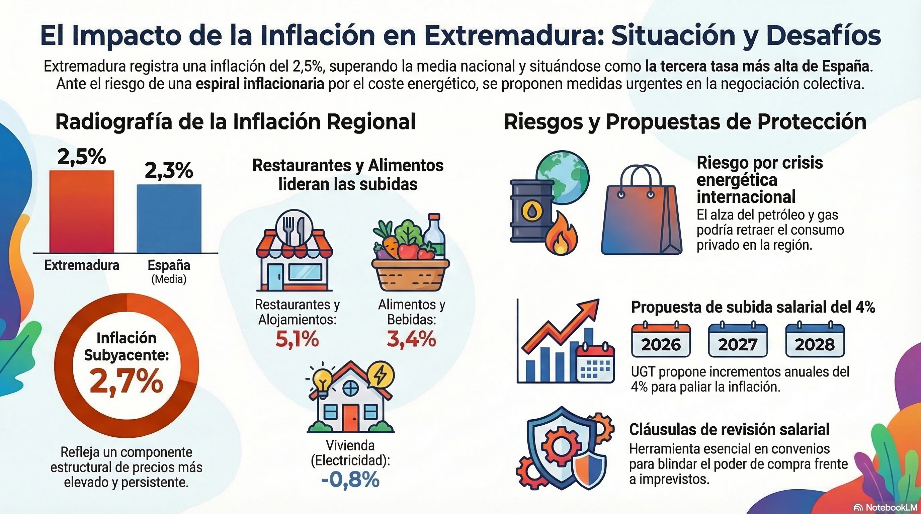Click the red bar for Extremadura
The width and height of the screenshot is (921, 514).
82,211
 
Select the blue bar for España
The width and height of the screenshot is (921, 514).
169,219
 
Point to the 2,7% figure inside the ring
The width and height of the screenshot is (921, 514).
126,381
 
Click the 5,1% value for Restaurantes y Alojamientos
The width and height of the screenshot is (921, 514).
297,339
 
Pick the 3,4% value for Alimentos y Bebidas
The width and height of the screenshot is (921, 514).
411,339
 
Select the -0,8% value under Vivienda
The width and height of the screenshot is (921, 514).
350,479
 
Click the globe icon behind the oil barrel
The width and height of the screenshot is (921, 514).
565,175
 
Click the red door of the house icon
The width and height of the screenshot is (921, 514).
350,418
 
